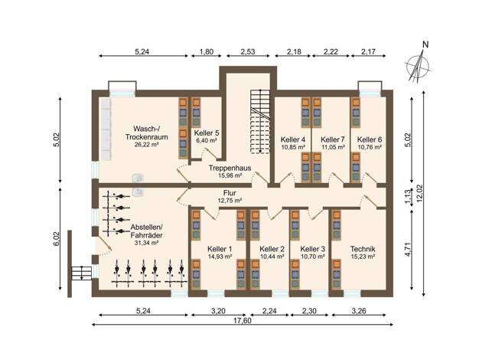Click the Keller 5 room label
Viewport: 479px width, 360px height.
pyautogui.click(x=207, y=133)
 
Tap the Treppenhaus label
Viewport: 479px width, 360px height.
pyautogui.click(x=230, y=168)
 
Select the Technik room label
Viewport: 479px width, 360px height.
pyautogui.click(x=363, y=249)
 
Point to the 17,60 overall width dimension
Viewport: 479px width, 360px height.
pyautogui.click(x=243, y=320)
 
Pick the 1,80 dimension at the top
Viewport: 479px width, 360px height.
pyautogui.click(x=206, y=51)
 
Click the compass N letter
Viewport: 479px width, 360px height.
pyautogui.click(x=425, y=44)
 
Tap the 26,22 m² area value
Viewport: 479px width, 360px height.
pyautogui.click(x=146, y=145)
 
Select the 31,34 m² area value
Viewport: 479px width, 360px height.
pyautogui.click(x=146, y=243)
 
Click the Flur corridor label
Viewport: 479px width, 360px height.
pyautogui.click(x=230, y=193)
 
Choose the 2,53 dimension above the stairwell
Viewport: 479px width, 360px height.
pyautogui.click(x=248, y=51)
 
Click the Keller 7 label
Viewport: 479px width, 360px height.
pyautogui.click(x=333, y=139)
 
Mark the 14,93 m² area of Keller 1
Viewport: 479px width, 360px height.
pyautogui.click(x=220, y=257)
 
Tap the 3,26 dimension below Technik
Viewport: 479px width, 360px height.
pyautogui.click(x=359, y=312)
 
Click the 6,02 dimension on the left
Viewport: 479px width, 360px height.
pyautogui.click(x=57, y=239)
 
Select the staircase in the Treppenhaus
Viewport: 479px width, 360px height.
pyautogui.click(x=260, y=122)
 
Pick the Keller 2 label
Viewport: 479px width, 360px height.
pyautogui.click(x=272, y=249)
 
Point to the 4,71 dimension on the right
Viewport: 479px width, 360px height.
pyautogui.click(x=407, y=249)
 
